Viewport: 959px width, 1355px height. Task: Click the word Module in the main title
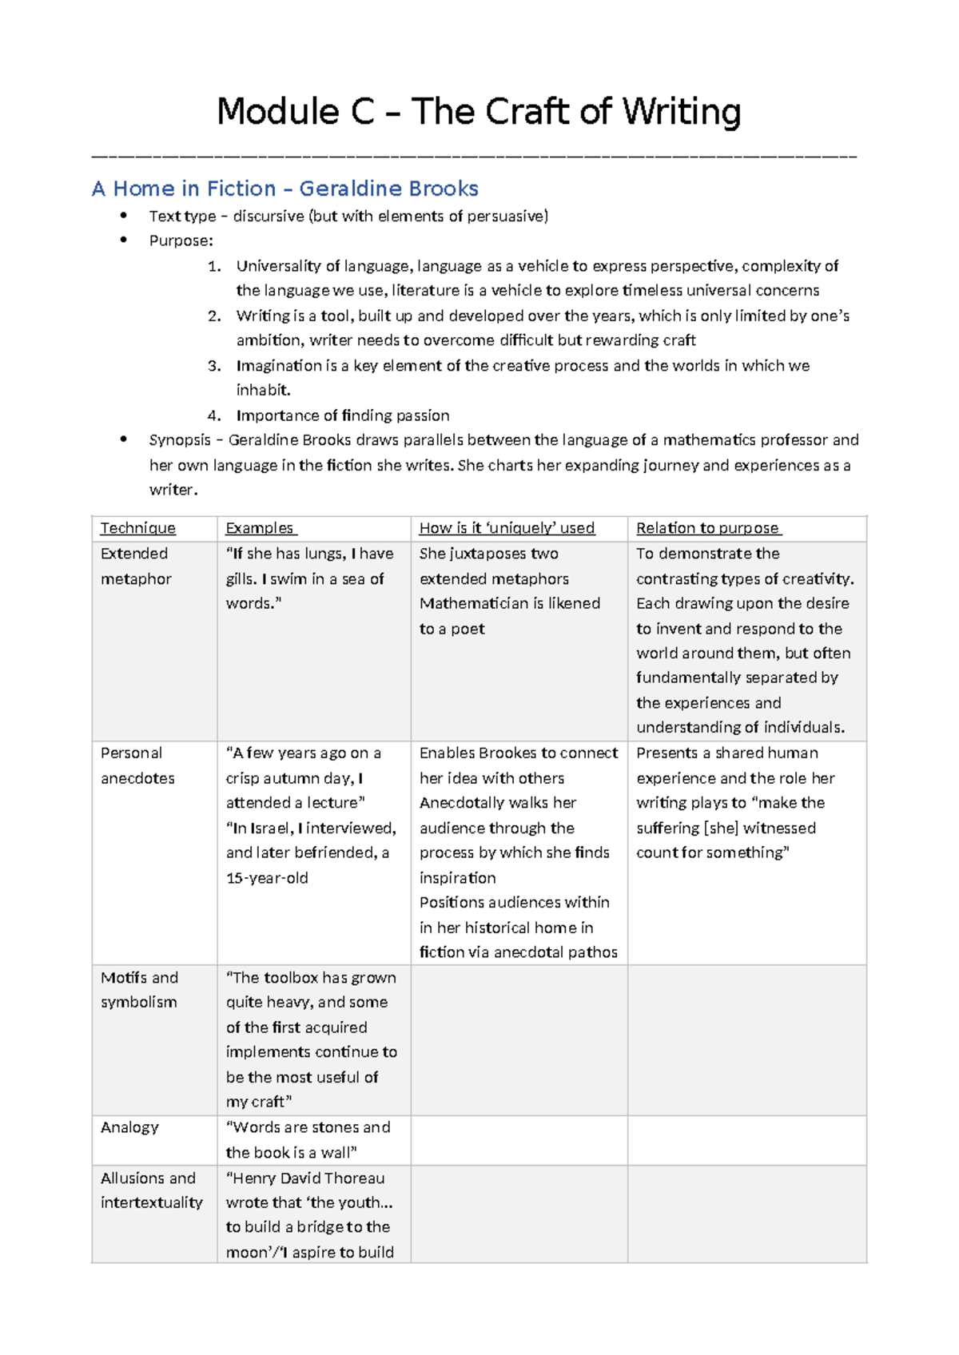277,111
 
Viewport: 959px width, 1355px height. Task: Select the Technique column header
137,528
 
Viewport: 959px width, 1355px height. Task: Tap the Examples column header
260,528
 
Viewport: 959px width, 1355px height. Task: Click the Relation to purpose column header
708,528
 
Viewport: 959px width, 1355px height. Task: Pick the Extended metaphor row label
135,566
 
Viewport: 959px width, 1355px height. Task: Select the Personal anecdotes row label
137,765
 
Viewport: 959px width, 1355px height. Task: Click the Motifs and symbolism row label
139,990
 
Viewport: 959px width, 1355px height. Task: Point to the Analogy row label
129,1127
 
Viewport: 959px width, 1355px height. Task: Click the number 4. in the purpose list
213,415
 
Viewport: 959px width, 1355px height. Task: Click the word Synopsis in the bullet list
180,440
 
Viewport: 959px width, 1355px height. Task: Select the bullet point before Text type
123,216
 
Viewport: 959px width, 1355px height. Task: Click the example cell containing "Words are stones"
308,1139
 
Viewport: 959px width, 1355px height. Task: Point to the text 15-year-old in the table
267,878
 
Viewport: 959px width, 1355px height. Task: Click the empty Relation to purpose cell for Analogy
746,1140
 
